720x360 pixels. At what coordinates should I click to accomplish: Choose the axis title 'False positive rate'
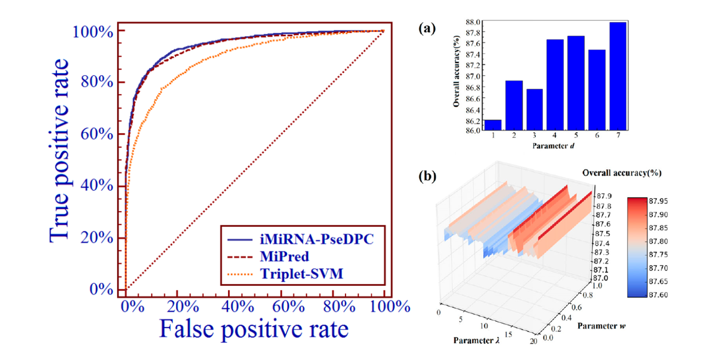pos(254,330)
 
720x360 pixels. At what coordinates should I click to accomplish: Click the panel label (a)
pos(426,29)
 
